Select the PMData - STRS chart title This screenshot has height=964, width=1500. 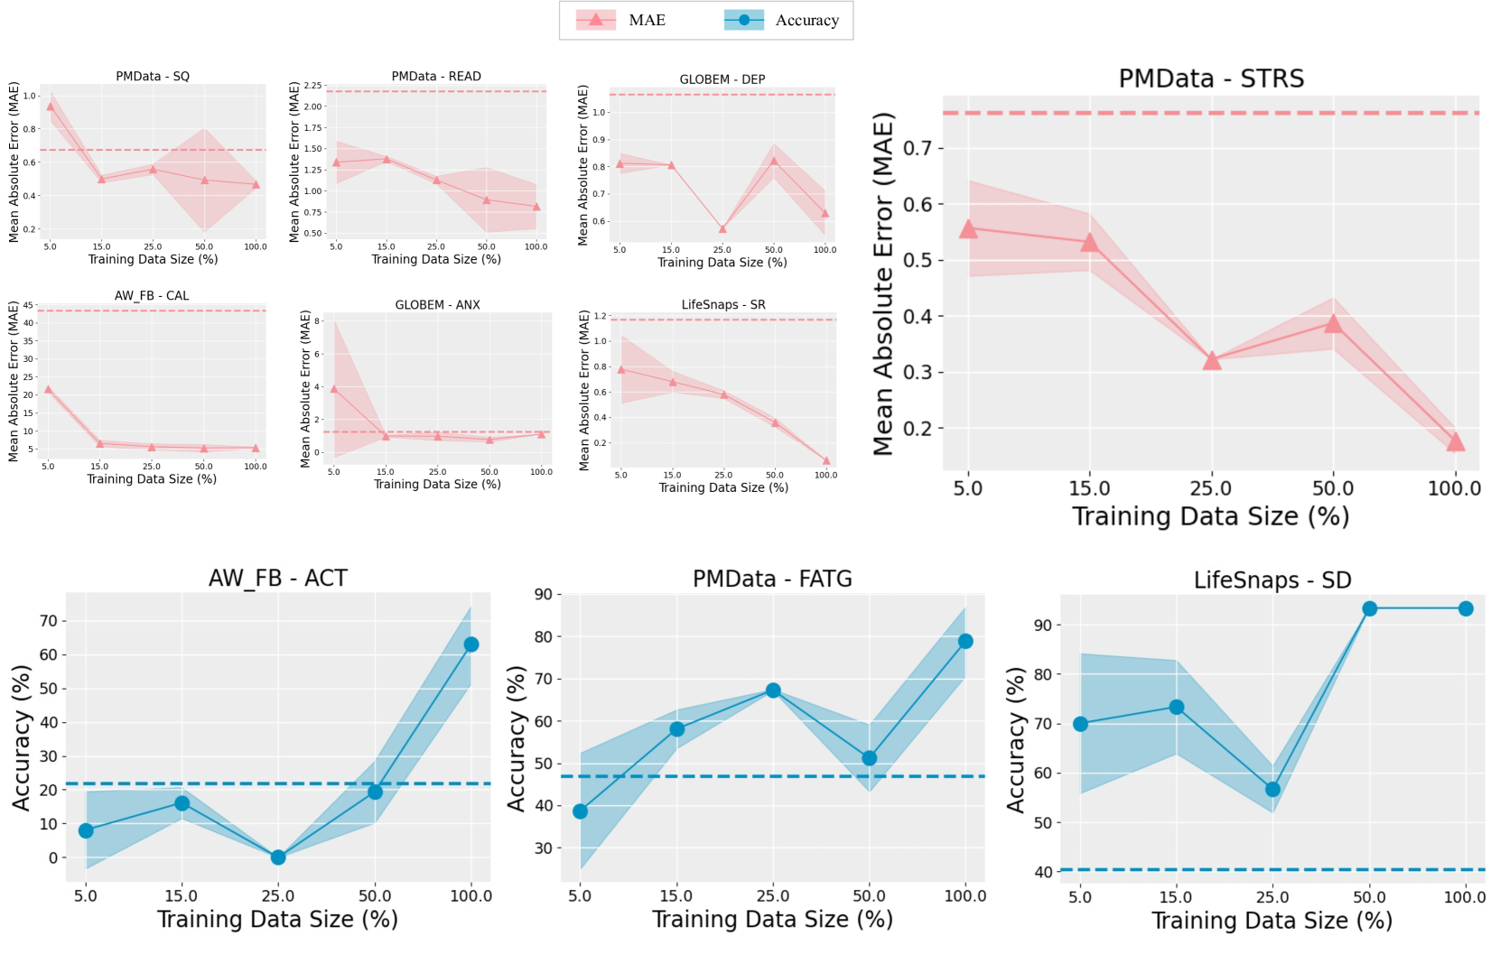point(1211,79)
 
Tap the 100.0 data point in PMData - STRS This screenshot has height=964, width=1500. point(1455,441)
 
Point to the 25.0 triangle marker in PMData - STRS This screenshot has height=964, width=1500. point(1212,361)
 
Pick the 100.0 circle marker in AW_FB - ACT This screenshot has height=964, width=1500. point(471,644)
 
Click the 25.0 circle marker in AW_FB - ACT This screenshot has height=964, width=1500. point(278,857)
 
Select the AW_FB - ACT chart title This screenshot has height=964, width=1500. point(278,578)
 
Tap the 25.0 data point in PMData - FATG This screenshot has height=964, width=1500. point(773,691)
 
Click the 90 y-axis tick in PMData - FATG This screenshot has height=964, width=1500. point(544,594)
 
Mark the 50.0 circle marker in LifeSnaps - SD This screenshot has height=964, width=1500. point(1369,608)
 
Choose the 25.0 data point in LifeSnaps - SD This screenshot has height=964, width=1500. point(1272,789)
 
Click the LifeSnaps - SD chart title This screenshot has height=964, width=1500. point(1272,580)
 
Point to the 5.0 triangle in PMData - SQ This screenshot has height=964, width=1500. point(51,107)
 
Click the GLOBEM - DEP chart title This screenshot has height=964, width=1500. point(722,79)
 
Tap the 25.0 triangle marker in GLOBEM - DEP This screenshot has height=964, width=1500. point(722,229)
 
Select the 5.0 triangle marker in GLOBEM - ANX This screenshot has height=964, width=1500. point(334,389)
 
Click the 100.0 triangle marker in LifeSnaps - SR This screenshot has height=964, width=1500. point(825,460)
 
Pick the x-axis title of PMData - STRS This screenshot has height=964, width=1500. point(1210,516)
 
